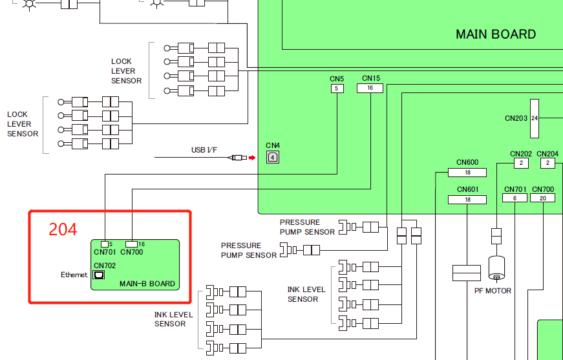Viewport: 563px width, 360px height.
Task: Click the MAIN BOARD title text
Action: click(496, 34)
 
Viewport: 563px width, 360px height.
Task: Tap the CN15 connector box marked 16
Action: click(370, 89)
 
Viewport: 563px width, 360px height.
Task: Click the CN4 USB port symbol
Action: click(273, 157)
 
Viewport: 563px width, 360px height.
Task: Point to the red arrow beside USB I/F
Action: click(252, 157)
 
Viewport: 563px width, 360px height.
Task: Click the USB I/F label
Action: click(204, 150)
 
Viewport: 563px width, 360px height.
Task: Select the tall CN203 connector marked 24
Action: click(535, 118)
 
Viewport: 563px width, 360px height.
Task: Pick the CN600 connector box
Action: click(467, 173)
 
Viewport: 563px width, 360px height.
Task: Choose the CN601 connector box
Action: click(467, 200)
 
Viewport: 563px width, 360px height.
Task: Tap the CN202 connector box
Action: click(521, 164)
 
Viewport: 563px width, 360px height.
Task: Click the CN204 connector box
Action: click(547, 164)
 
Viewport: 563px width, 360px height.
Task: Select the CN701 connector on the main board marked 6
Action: click(515, 198)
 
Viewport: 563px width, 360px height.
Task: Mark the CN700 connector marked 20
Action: click(542, 198)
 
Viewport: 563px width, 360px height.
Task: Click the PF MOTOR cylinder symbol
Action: click(496, 268)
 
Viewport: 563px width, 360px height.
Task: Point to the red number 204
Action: click(63, 229)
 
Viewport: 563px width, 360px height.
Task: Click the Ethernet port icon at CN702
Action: click(99, 275)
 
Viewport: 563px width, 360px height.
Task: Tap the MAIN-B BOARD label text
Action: click(147, 284)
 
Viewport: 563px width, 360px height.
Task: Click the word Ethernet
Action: click(74, 275)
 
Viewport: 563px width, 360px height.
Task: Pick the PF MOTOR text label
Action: click(493, 291)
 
